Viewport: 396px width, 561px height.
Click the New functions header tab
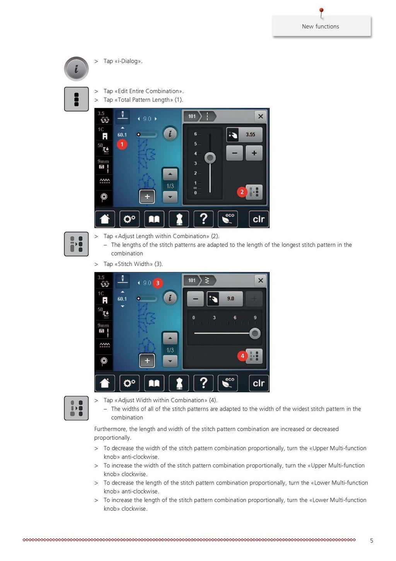click(321, 26)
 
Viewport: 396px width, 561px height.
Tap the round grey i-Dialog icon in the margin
click(76, 69)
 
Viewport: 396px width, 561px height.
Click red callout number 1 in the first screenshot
click(122, 144)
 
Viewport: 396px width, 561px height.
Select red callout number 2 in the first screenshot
click(242, 192)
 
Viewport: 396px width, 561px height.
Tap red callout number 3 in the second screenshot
click(157, 283)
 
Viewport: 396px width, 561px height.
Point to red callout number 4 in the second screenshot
click(242, 356)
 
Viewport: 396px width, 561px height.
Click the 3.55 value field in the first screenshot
click(250, 135)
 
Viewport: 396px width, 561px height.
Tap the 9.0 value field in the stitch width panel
click(230, 299)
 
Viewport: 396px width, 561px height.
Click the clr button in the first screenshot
click(258, 219)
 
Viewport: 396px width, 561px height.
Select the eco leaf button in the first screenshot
click(228, 219)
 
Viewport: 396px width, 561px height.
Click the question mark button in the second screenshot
click(203, 383)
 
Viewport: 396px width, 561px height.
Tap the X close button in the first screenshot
click(261, 116)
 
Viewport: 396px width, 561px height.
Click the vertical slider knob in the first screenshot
click(210, 158)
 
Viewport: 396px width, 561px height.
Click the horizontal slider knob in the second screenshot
click(255, 333)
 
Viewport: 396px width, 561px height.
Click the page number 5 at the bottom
click(371, 540)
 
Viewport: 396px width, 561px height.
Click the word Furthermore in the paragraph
click(111, 429)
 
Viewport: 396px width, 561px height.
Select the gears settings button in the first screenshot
click(129, 219)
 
